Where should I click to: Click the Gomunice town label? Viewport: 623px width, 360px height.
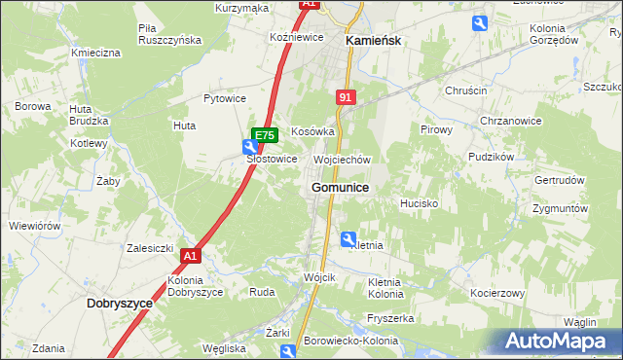click(x=339, y=187)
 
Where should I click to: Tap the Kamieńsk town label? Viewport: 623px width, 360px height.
click(x=374, y=42)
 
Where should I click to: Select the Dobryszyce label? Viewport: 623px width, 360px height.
click(x=120, y=304)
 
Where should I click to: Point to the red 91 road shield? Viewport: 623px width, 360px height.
click(x=346, y=97)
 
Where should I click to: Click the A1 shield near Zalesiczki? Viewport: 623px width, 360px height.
click(x=190, y=256)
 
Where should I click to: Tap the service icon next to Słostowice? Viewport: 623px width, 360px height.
click(x=249, y=147)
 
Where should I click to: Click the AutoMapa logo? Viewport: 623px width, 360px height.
click(x=562, y=341)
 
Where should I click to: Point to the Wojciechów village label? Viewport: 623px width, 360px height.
click(x=342, y=160)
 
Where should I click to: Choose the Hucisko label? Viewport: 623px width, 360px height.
click(x=419, y=204)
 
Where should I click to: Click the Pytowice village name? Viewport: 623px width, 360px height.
click(x=224, y=98)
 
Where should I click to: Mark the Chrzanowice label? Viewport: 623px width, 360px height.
click(x=509, y=121)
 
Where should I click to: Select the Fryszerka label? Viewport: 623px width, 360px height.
click(x=391, y=318)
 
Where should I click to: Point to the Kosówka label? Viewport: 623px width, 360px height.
click(x=312, y=130)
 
